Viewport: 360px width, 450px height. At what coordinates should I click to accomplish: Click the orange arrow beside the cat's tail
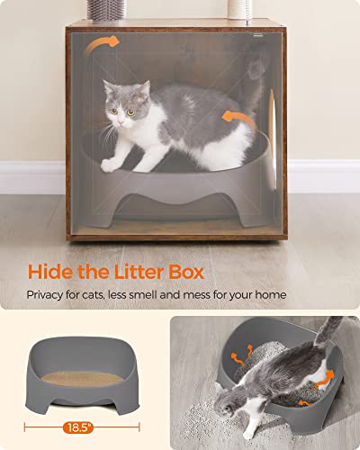pyautogui.click(x=236, y=118)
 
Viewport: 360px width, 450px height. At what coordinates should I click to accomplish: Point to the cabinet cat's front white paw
pyautogui.click(x=111, y=165)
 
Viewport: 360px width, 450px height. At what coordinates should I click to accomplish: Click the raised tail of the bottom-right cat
pyautogui.click(x=328, y=333)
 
